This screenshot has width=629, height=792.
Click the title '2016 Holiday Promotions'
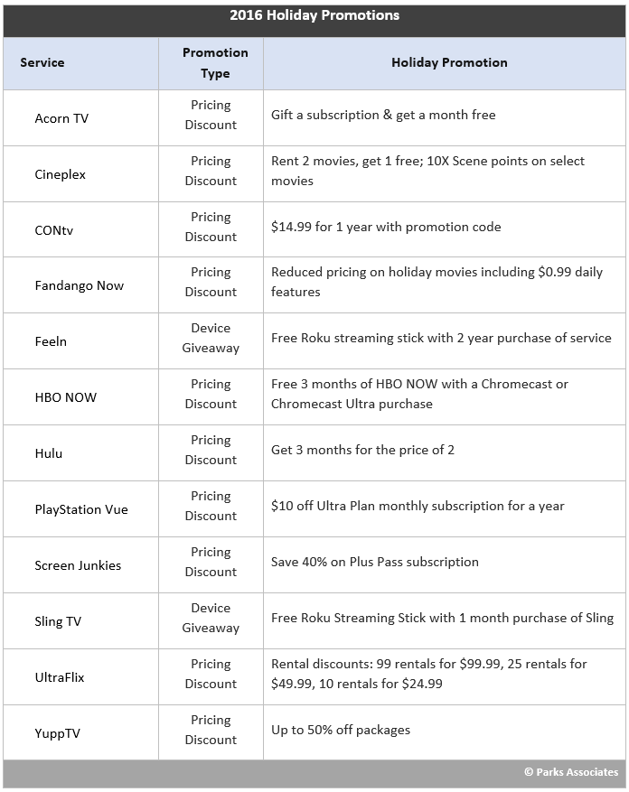[314, 15]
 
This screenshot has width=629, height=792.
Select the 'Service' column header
[42, 62]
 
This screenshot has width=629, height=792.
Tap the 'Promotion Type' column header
[215, 62]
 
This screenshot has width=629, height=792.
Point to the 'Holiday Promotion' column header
[449, 62]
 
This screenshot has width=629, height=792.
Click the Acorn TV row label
[61, 118]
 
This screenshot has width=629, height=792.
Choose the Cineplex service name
[60, 174]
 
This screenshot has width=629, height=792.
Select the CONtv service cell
[54, 229]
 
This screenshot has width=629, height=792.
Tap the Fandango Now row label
[79, 285]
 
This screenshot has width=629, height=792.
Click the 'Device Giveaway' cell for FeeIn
[211, 338]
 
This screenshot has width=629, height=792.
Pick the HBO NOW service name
[65, 397]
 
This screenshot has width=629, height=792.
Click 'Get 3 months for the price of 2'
[362, 450]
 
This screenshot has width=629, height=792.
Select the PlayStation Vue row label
[81, 509]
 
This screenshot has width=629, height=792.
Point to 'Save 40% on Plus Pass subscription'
[375, 562]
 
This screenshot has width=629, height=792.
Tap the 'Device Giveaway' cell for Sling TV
[211, 618]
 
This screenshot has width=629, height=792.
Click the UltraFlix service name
[60, 677]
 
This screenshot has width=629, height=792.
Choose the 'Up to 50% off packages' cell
[341, 730]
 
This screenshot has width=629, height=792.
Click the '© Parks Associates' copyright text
[571, 772]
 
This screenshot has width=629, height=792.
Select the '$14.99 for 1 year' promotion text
[386, 227]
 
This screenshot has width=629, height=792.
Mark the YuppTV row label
[57, 733]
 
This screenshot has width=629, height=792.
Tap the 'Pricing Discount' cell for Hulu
[211, 450]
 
